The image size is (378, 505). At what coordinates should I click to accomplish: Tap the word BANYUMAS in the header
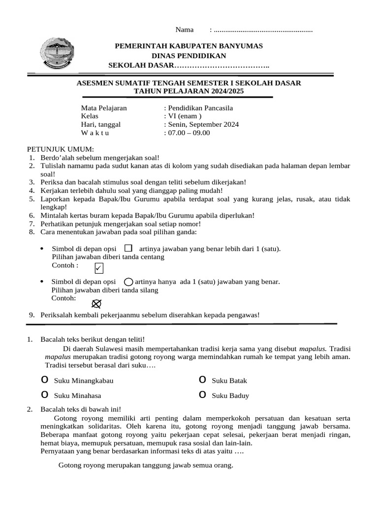238,46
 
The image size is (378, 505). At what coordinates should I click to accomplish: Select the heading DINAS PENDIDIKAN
189,56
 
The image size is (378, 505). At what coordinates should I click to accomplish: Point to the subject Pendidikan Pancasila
200,108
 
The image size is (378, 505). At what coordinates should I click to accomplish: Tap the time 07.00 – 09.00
189,133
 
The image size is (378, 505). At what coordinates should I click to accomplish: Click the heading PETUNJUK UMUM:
60,149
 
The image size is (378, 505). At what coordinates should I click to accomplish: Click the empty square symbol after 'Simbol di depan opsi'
128,248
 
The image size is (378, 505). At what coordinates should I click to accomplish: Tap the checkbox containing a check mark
99,268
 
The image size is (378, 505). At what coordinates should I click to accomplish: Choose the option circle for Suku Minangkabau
45,380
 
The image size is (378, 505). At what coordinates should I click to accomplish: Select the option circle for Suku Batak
202,380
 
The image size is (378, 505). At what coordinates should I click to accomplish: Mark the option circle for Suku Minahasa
45,395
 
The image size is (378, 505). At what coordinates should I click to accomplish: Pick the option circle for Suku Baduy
202,395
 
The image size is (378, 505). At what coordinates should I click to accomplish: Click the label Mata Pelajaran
104,108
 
